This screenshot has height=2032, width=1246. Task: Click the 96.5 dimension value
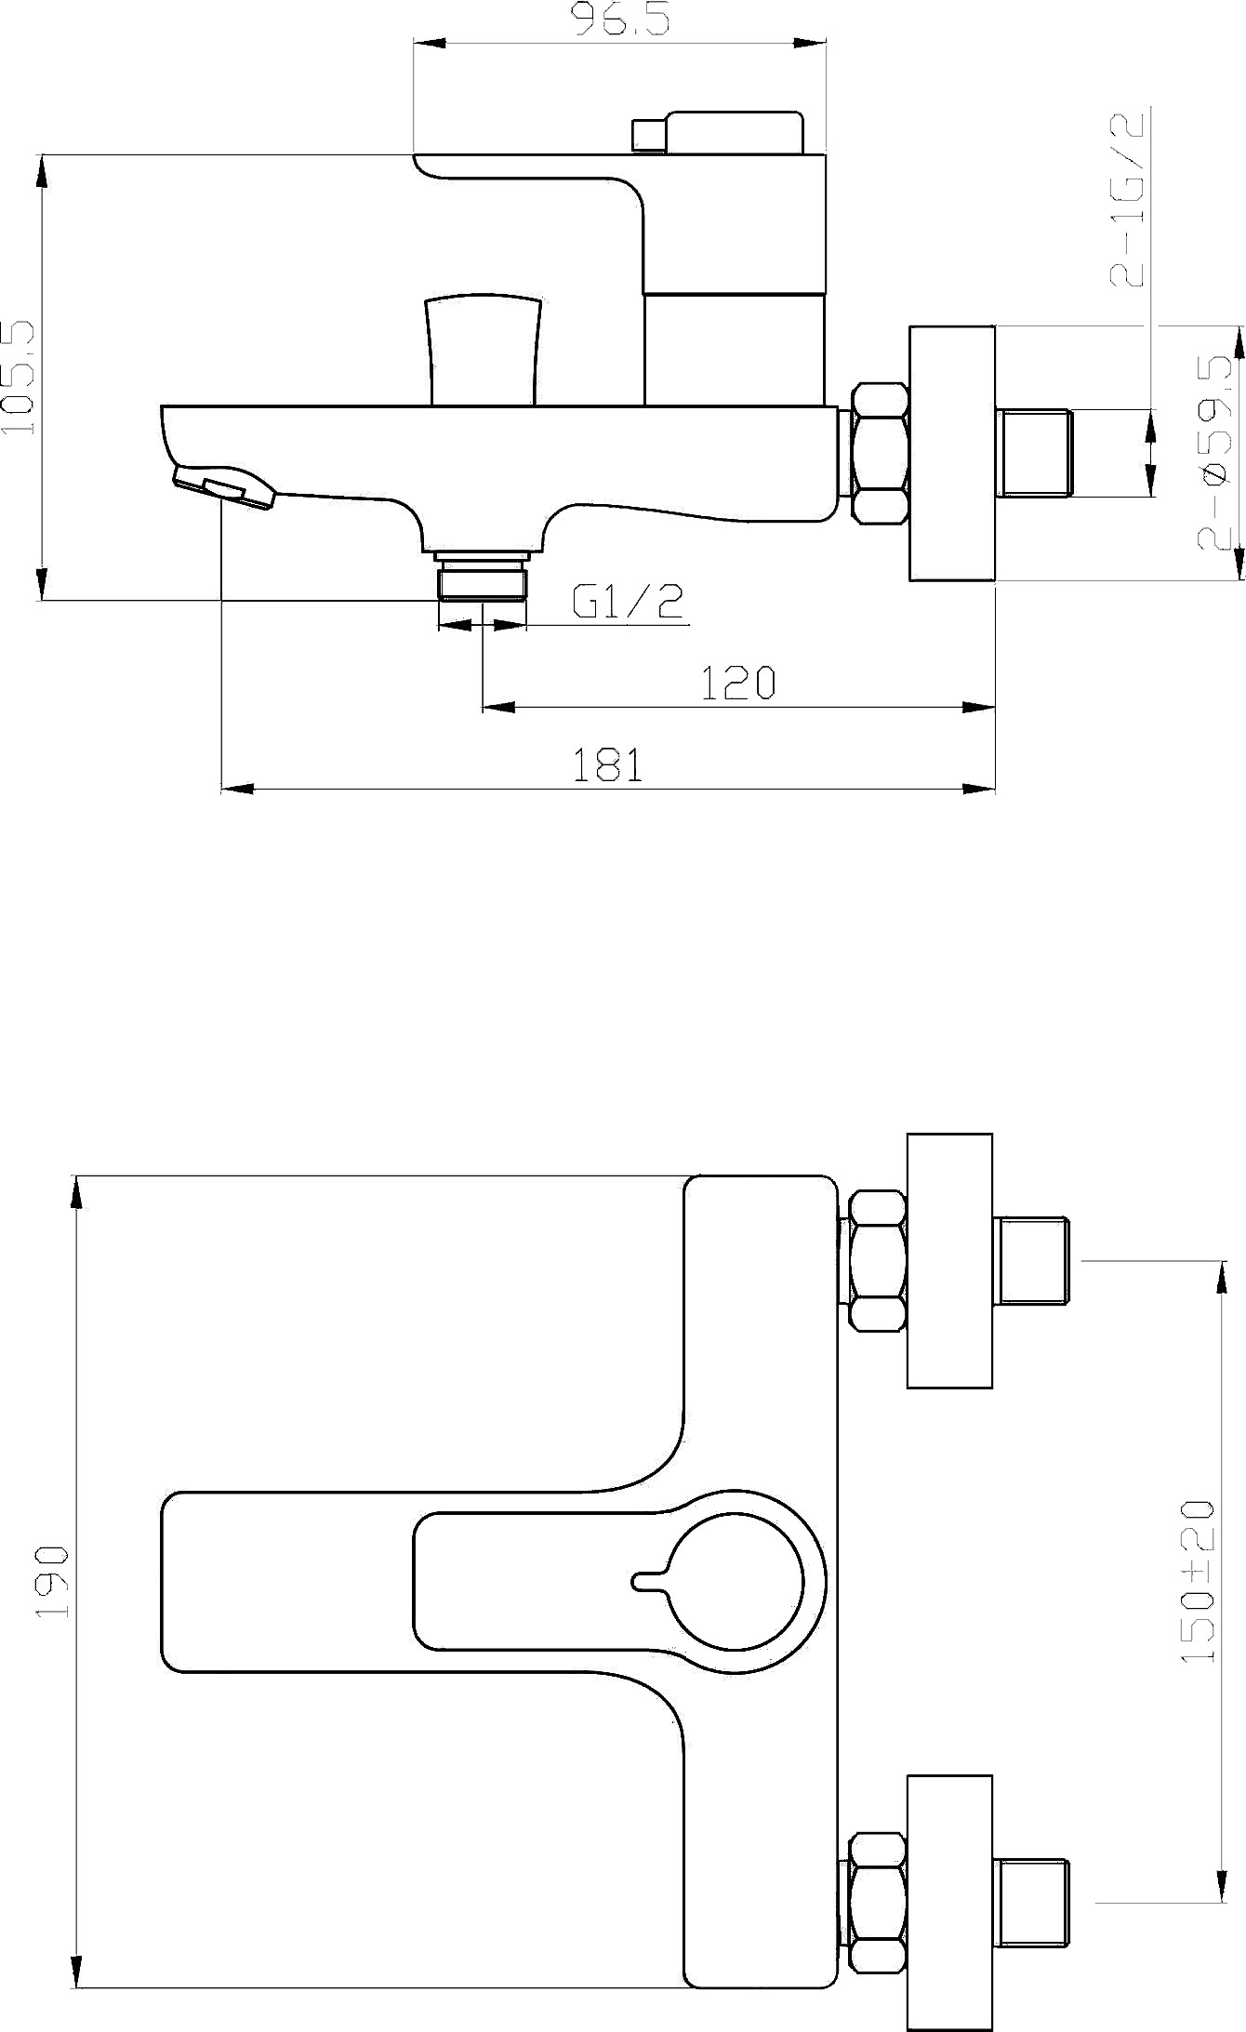[x=620, y=19]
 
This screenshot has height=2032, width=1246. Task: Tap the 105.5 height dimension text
[x=20, y=378]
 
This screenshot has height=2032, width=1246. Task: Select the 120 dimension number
[x=737, y=684]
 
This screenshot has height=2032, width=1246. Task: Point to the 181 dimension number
[x=606, y=765]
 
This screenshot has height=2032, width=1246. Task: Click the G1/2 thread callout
[x=629, y=602]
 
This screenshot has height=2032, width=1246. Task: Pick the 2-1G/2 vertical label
[x=1130, y=198]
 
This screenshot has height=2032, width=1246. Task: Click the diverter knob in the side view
[x=484, y=351]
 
